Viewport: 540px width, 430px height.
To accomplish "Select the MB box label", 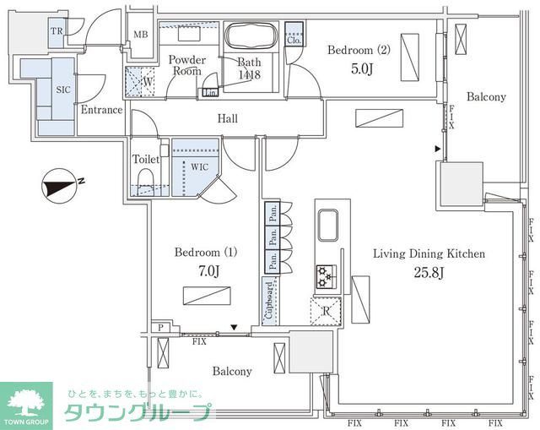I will click(141, 35).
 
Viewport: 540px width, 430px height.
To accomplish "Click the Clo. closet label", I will click(294, 40).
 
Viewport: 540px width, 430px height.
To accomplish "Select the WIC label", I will click(199, 167).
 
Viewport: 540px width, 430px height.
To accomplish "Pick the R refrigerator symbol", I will click(326, 311).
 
